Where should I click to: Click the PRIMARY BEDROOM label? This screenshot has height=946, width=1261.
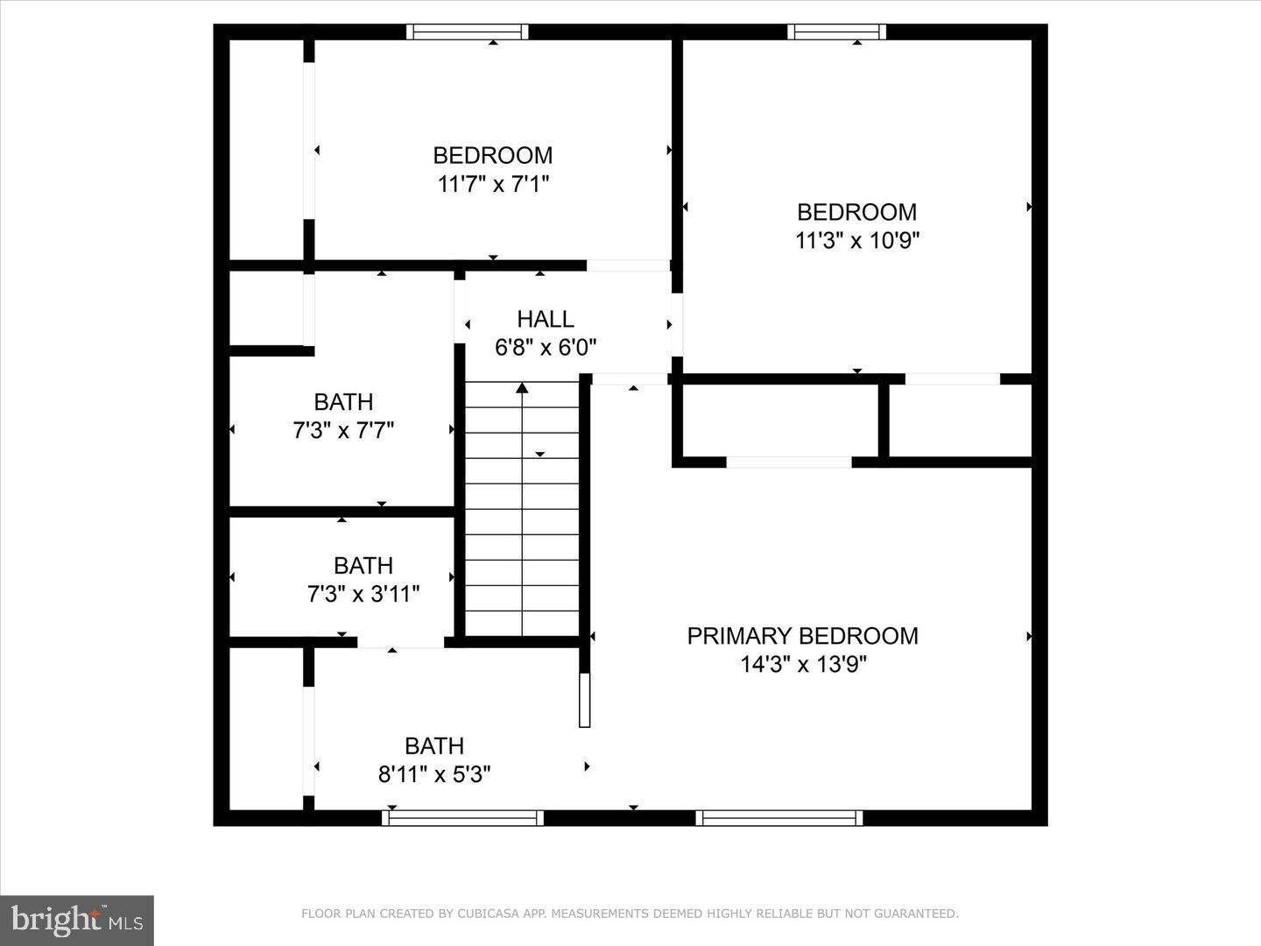tap(802, 636)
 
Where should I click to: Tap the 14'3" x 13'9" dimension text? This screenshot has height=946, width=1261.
tap(802, 665)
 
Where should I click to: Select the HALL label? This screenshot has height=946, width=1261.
tap(546, 319)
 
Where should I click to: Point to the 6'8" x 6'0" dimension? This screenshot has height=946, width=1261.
tap(546, 348)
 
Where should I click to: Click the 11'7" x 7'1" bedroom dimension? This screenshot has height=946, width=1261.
tap(493, 184)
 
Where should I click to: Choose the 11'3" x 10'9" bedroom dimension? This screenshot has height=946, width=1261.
tap(856, 240)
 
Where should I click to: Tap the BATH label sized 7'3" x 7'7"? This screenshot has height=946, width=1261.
tap(343, 402)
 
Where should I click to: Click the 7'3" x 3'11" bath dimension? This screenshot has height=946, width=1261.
tap(363, 595)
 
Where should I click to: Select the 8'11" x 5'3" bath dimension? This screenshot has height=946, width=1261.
tap(434, 774)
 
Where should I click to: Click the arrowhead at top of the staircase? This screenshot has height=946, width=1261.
tap(522, 387)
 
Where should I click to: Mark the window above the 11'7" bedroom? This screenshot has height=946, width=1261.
tap(468, 32)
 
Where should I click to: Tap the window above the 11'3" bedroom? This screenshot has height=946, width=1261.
tap(836, 32)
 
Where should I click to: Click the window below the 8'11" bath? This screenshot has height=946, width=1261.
tap(462, 818)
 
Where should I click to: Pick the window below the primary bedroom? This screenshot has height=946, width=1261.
tap(779, 818)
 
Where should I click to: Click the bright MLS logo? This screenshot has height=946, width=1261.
tap(77, 920)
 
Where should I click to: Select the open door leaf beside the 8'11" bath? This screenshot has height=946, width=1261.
tap(585, 700)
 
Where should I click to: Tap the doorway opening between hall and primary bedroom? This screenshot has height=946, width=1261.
tap(630, 380)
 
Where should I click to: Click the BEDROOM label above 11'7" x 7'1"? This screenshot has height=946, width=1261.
tap(493, 155)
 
